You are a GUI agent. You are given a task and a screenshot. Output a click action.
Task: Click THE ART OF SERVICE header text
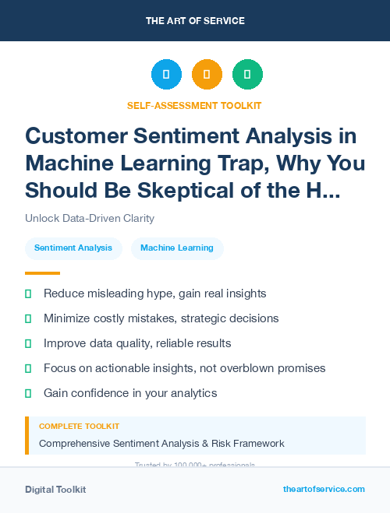tap(195, 21)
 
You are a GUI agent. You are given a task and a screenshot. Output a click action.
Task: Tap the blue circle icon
tap(166, 75)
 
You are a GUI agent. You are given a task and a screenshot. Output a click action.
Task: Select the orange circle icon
tap(207, 75)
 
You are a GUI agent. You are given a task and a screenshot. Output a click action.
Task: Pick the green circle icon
tap(247, 75)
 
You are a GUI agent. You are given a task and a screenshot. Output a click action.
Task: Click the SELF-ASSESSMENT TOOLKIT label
tap(194, 105)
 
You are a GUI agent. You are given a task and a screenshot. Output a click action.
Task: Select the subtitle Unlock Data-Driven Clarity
tap(90, 219)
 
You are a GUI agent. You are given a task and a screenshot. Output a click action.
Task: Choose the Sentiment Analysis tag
tap(73, 248)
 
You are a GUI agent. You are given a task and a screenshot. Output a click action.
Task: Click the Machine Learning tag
tap(177, 248)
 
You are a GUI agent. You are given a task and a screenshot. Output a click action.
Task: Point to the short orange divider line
tap(42, 273)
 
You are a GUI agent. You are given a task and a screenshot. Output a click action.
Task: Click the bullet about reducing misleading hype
tap(154, 293)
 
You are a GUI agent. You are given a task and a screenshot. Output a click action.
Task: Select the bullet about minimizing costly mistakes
tap(161, 318)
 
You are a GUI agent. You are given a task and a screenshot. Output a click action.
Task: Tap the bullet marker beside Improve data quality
tap(29, 343)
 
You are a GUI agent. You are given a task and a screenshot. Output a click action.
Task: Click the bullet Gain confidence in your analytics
tap(129, 393)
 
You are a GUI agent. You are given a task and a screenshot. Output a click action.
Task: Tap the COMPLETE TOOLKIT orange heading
tap(79, 427)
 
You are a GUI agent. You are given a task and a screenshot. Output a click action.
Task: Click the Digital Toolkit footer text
tap(55, 490)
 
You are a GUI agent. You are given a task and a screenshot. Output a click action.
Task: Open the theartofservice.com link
tap(324, 490)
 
